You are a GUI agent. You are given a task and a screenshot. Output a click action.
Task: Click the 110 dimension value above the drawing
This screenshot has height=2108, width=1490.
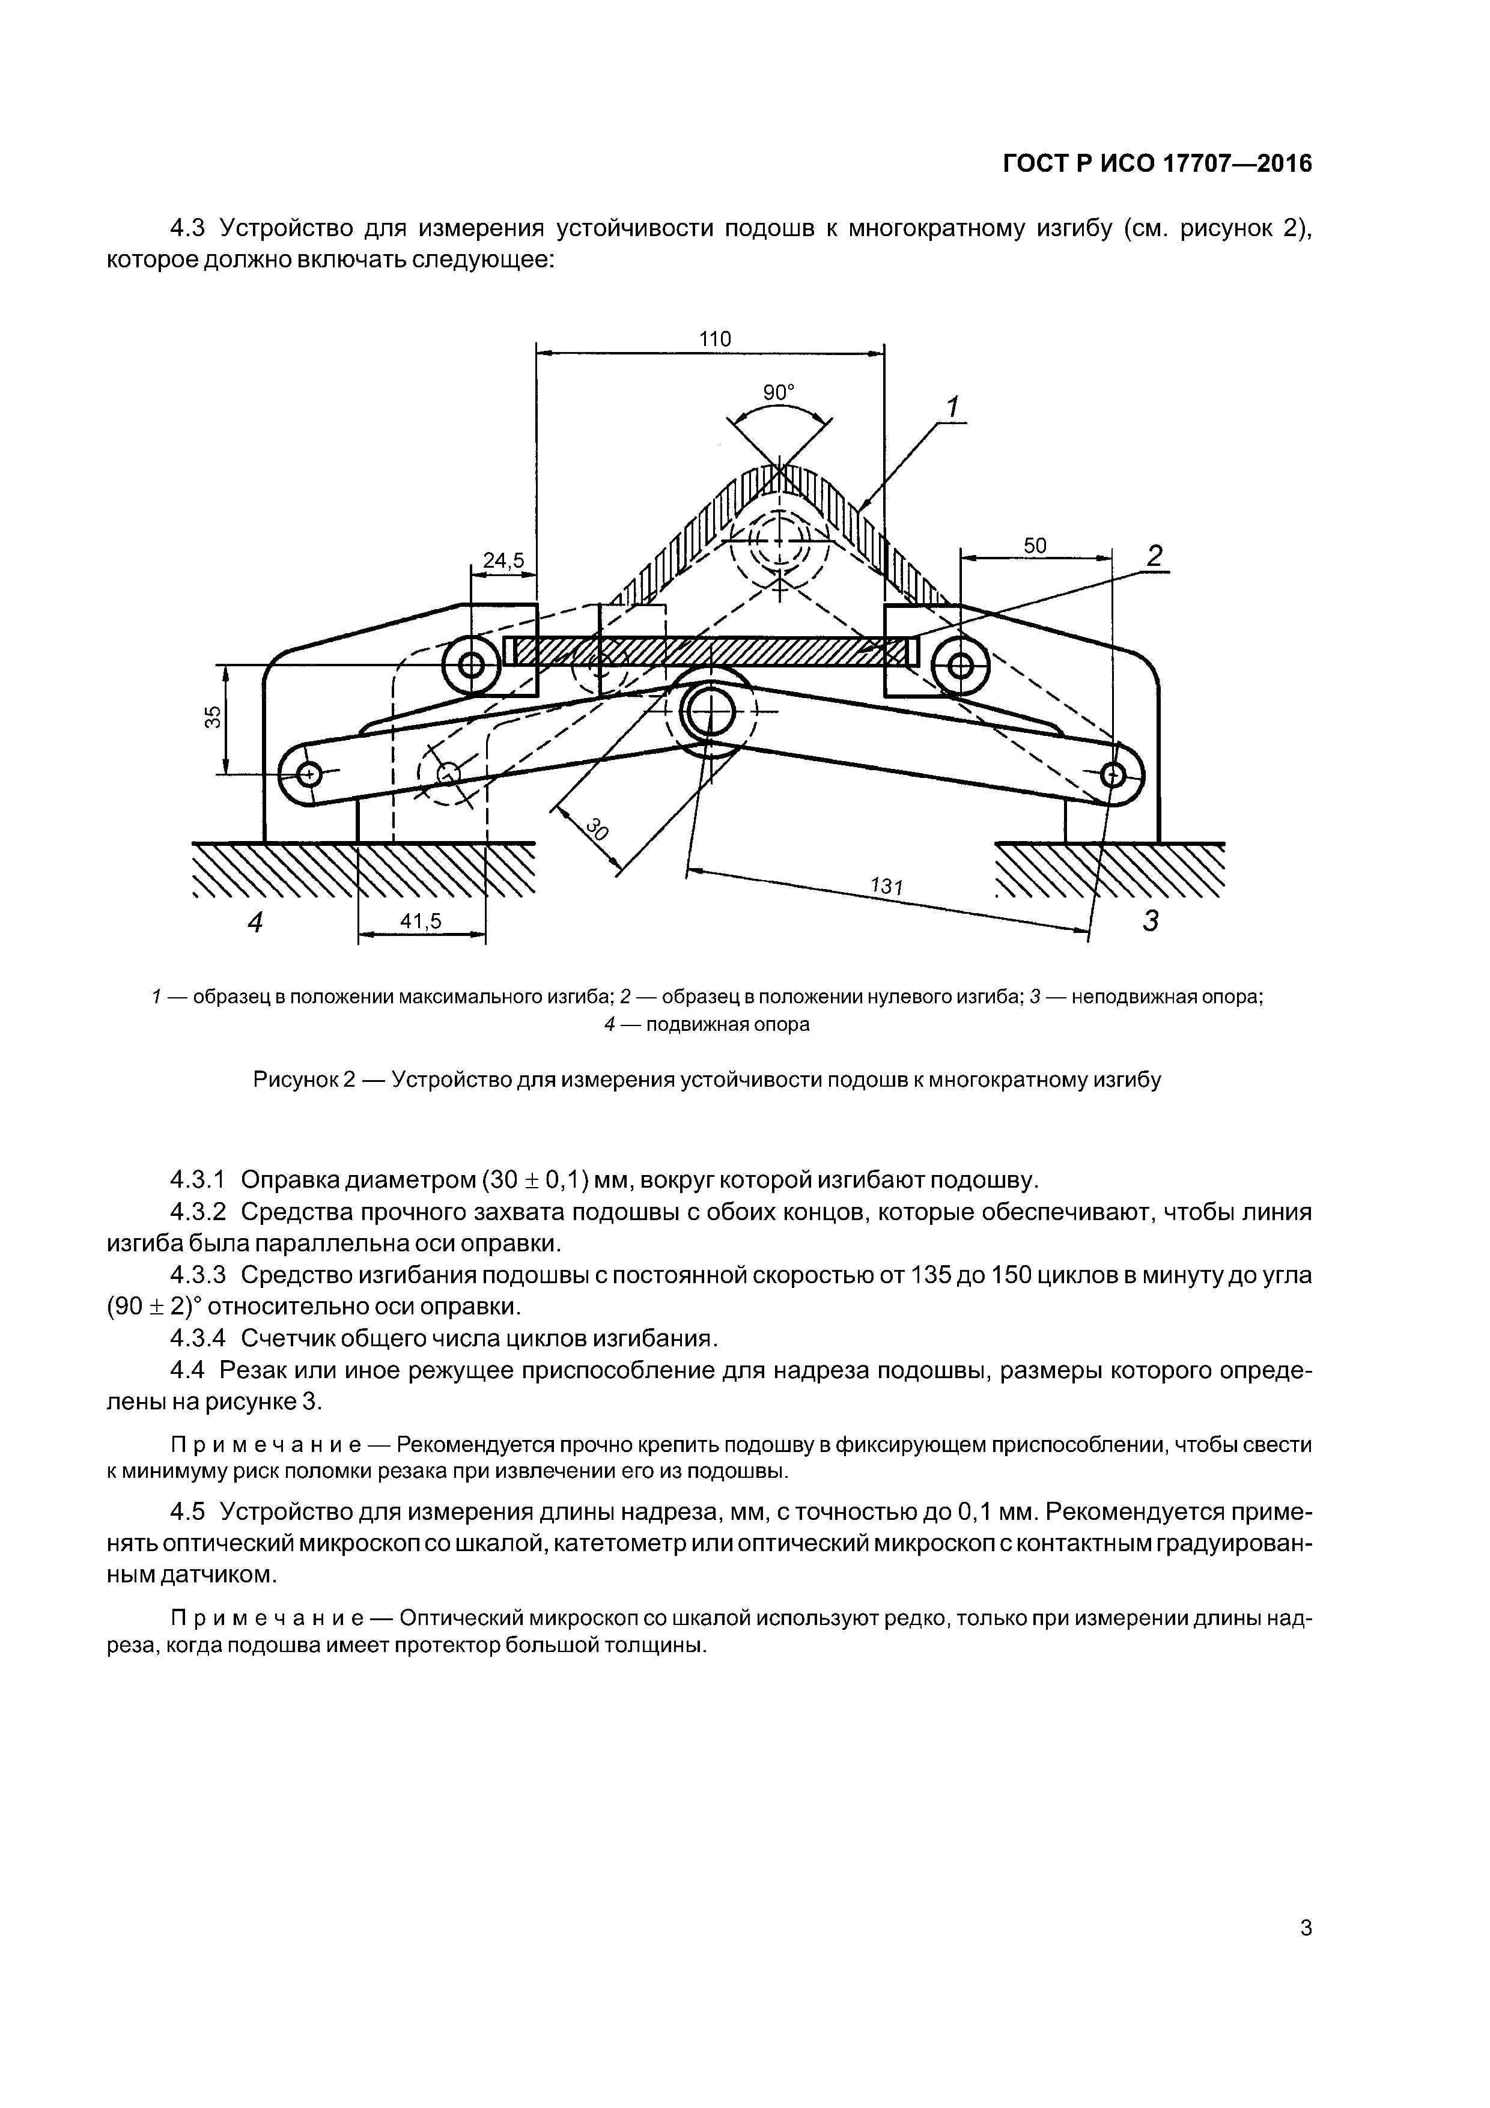[714, 339]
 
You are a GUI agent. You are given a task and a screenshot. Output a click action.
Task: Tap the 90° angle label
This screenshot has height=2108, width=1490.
[779, 392]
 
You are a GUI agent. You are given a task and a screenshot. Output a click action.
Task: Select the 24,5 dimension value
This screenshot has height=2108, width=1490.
[503, 560]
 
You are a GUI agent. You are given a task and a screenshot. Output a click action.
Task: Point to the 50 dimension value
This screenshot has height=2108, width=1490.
[1035, 545]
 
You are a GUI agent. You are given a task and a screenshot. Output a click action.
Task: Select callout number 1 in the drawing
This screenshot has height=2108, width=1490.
[952, 406]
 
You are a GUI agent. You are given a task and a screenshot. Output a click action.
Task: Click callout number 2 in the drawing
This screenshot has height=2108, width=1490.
[1154, 556]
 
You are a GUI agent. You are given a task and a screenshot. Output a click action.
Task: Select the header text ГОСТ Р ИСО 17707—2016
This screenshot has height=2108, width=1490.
[1157, 163]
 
